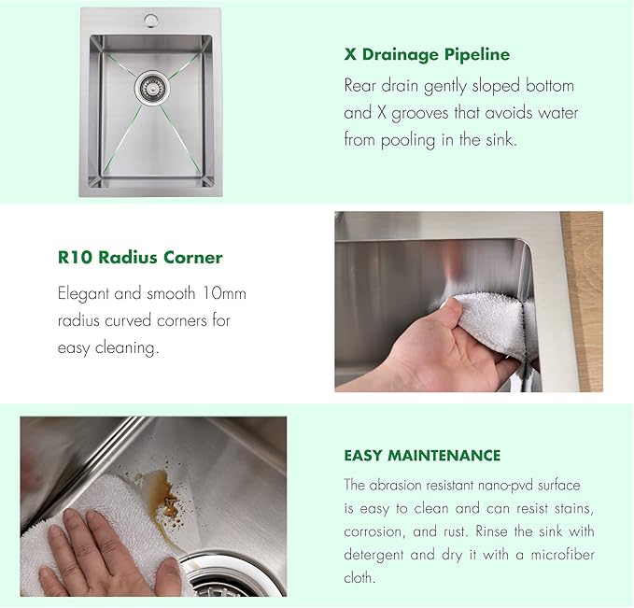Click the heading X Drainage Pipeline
click(x=427, y=54)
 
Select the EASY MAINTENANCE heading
click(x=422, y=456)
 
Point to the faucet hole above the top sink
click(x=149, y=20)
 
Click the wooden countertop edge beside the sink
click(x=587, y=299)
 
